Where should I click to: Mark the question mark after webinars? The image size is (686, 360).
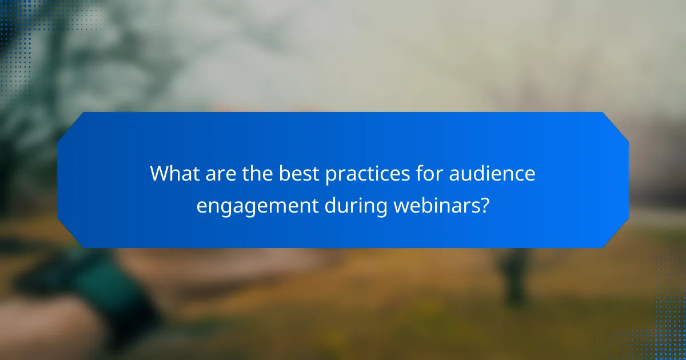tap(485, 205)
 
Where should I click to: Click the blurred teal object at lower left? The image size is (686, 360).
tap(86, 280)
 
